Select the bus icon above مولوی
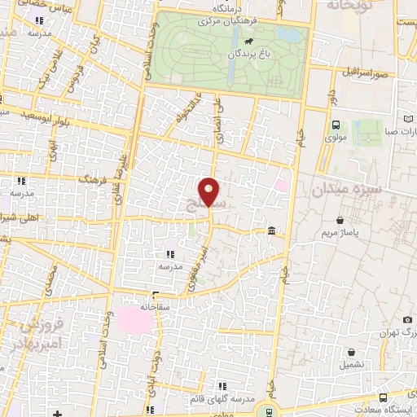click(335, 125)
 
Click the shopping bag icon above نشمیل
click(351, 353)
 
